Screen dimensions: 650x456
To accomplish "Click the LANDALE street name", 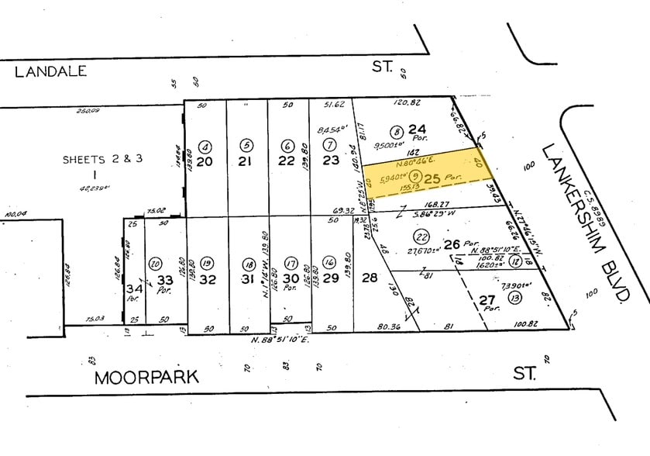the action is (50, 71).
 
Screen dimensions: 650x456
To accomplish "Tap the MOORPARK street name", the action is (146, 378).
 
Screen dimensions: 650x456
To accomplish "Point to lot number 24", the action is (418, 130).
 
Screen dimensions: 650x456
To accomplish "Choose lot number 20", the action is (205, 161).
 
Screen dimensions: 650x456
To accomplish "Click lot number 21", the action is (246, 161).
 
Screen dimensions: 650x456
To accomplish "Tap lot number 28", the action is (370, 278).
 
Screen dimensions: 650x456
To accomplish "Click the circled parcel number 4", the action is (205, 146).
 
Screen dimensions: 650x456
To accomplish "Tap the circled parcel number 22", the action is (421, 237).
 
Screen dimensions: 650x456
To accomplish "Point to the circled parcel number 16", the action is (329, 262).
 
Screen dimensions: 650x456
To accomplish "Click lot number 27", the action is (486, 301).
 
